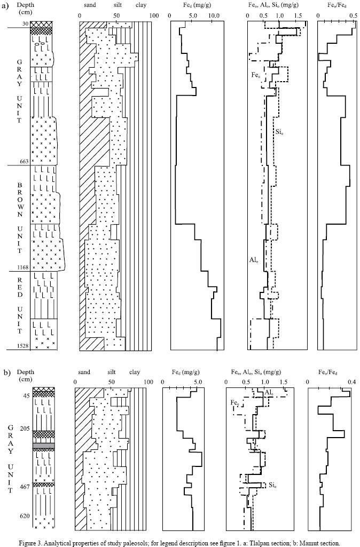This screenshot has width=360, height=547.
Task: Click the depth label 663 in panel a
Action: point(25,161)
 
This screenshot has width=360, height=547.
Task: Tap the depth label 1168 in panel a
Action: point(24,267)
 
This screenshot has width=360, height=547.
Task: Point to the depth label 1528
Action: point(24,346)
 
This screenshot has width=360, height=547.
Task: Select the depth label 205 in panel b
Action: point(25,429)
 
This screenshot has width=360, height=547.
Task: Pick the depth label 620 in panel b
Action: point(25,516)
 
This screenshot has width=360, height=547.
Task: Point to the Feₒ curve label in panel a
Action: point(255,75)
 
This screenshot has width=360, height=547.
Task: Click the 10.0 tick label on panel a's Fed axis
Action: point(214,15)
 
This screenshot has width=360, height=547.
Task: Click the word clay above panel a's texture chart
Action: point(141,5)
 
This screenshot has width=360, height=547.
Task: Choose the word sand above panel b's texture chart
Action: point(84,372)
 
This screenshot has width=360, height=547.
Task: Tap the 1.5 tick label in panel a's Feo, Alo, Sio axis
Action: point(298,15)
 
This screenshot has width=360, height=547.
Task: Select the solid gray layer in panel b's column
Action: point(44,446)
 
